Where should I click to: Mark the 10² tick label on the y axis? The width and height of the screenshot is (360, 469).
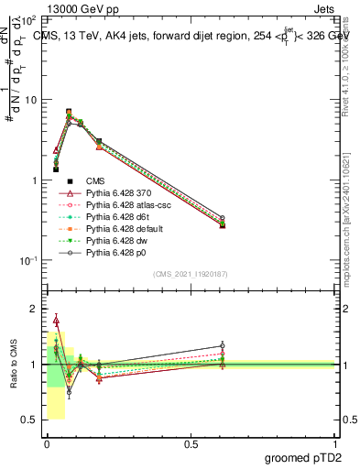pos(29,20)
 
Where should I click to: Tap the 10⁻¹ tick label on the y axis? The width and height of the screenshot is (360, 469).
pos(28,261)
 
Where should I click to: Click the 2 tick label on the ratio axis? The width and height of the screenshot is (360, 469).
pos(34,310)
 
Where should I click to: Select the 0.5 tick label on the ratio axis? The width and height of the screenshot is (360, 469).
pos(30,420)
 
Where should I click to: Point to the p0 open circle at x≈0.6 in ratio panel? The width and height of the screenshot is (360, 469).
pos(222,346)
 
